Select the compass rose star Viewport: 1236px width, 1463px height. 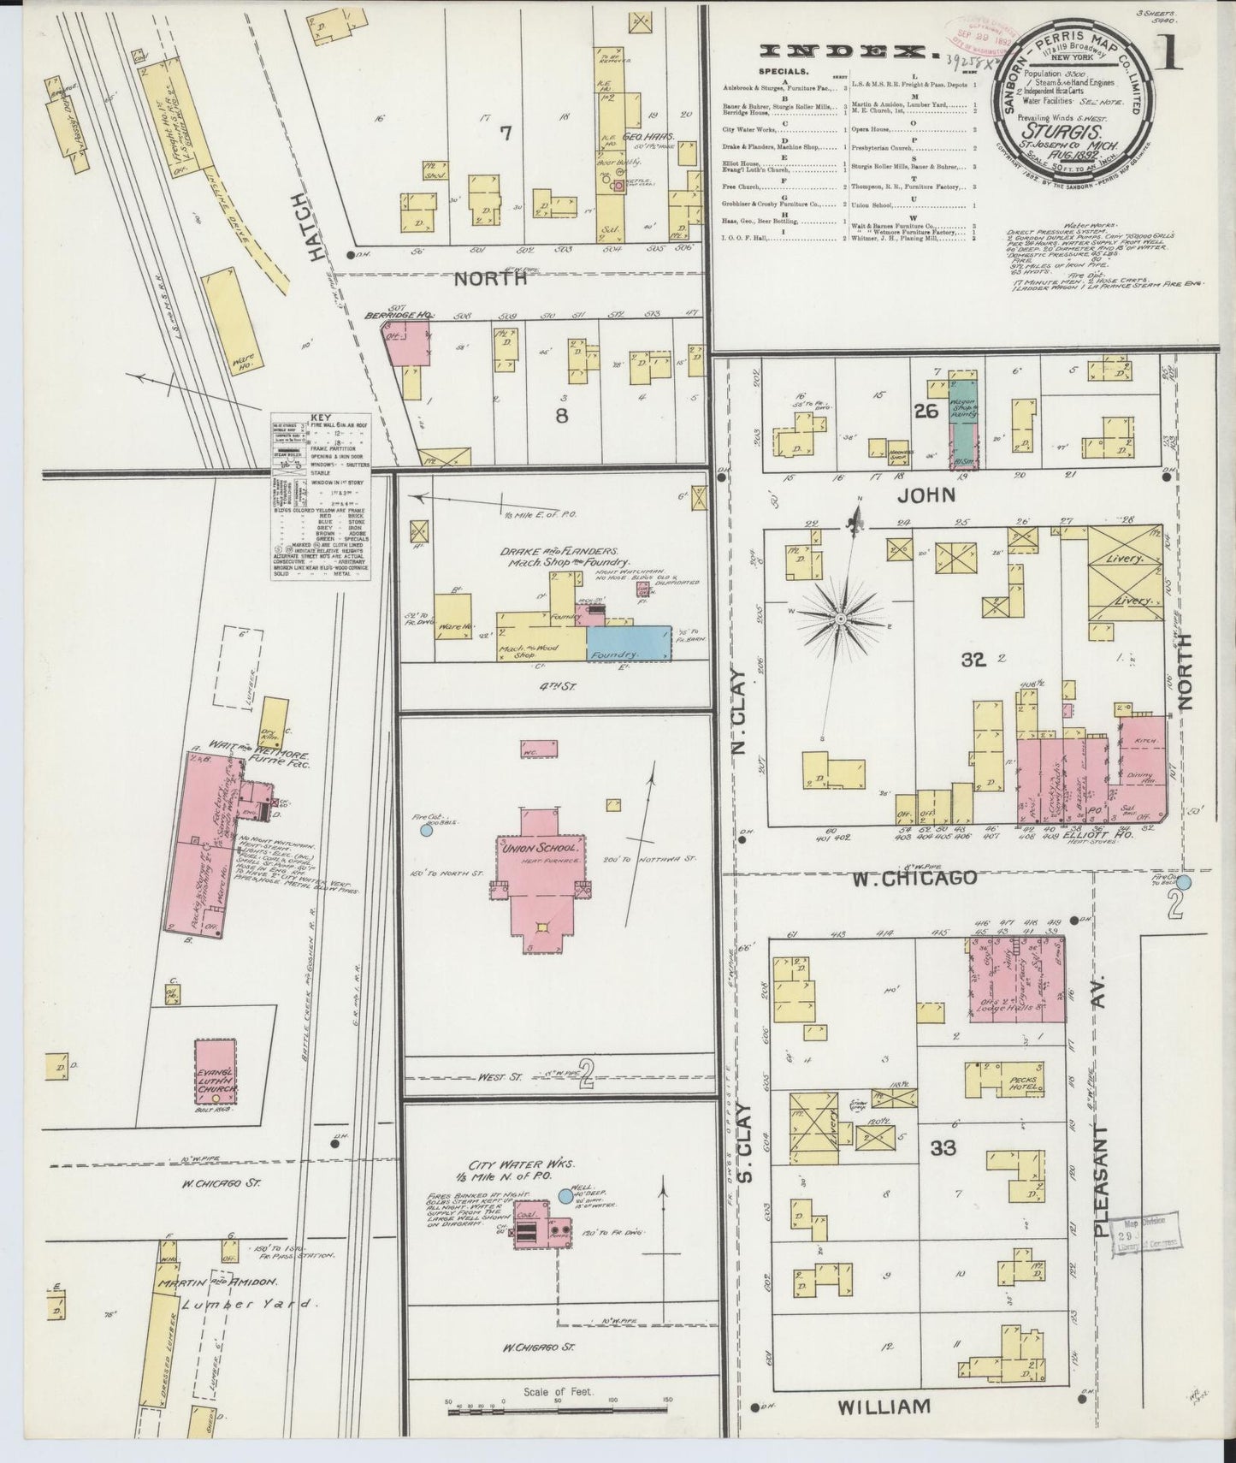840,617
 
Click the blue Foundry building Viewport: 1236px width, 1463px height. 629,643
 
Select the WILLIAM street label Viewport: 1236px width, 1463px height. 883,1407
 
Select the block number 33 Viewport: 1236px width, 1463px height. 943,1148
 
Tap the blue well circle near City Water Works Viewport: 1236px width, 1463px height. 565,1196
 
